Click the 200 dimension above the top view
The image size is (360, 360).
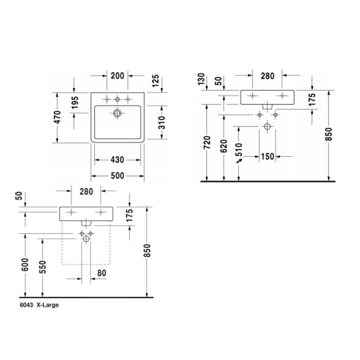click(117, 76)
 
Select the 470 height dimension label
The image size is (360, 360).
click(58, 117)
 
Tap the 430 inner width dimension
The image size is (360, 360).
click(117, 160)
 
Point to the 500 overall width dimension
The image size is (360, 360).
click(117, 176)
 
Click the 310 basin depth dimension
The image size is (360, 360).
click(161, 123)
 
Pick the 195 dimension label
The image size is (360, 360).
click(75, 102)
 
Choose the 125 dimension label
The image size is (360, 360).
click(155, 81)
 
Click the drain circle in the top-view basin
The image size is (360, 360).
click(117, 113)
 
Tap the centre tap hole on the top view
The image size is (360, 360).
click(117, 99)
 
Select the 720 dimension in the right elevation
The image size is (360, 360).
click(207, 142)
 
